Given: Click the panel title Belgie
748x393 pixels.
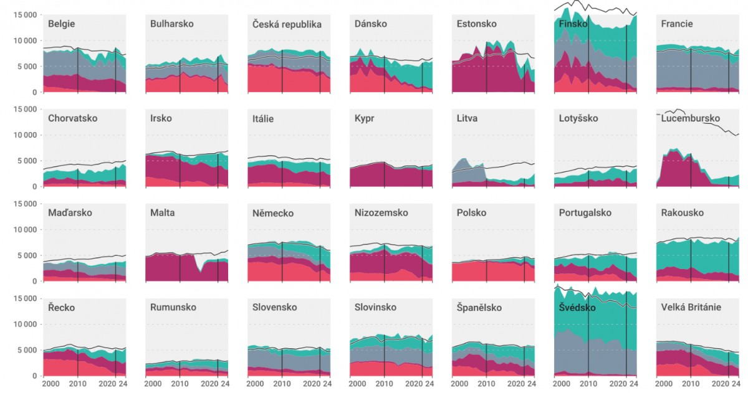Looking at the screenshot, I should (62, 24).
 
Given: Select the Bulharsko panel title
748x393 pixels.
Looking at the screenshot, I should (172, 24).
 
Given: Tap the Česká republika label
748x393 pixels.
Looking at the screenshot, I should (287, 24).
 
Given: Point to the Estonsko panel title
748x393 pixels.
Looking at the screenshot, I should (477, 24).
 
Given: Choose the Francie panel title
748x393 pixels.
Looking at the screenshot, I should (678, 24).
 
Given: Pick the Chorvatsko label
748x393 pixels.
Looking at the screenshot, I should (73, 118).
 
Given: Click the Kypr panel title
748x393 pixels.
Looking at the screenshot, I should (365, 118).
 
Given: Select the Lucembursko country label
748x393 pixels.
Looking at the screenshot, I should (691, 118).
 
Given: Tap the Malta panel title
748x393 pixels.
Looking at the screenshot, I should (163, 213).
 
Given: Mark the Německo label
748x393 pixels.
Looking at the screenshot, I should (273, 213).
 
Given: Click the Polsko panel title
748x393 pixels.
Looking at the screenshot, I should (472, 213).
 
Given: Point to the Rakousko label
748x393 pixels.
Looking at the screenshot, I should (683, 213).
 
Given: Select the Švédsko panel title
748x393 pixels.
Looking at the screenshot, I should (577, 308).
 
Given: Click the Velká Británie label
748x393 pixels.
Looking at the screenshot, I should (691, 307).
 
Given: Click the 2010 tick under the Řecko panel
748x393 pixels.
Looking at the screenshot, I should (77, 385).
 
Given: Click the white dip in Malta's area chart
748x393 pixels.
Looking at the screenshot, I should (199, 264).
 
